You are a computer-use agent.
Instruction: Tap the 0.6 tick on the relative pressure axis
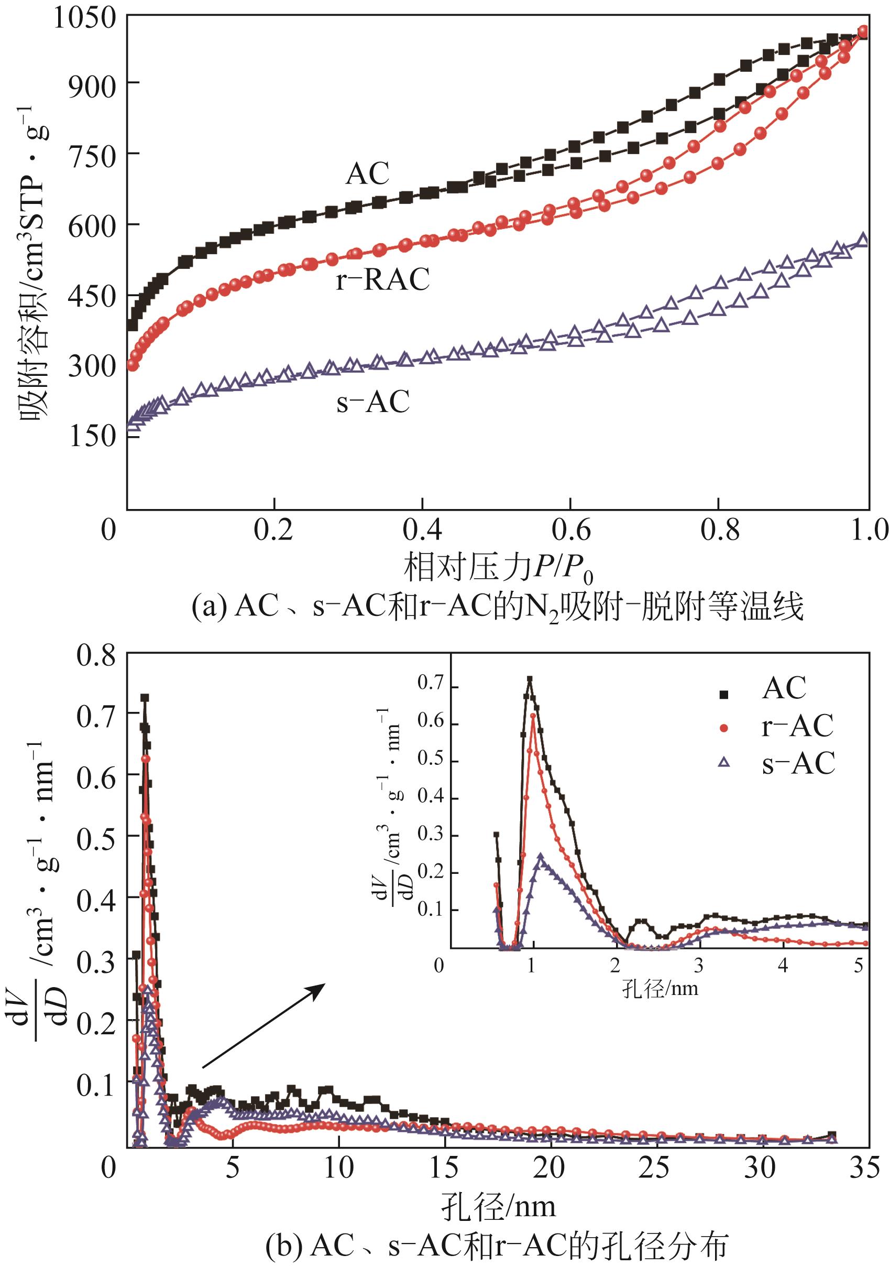pyautogui.click(x=570, y=531)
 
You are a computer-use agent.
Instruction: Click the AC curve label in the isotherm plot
pyautogui.click(x=367, y=174)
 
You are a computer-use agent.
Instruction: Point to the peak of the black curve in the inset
pyautogui.click(x=530, y=679)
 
